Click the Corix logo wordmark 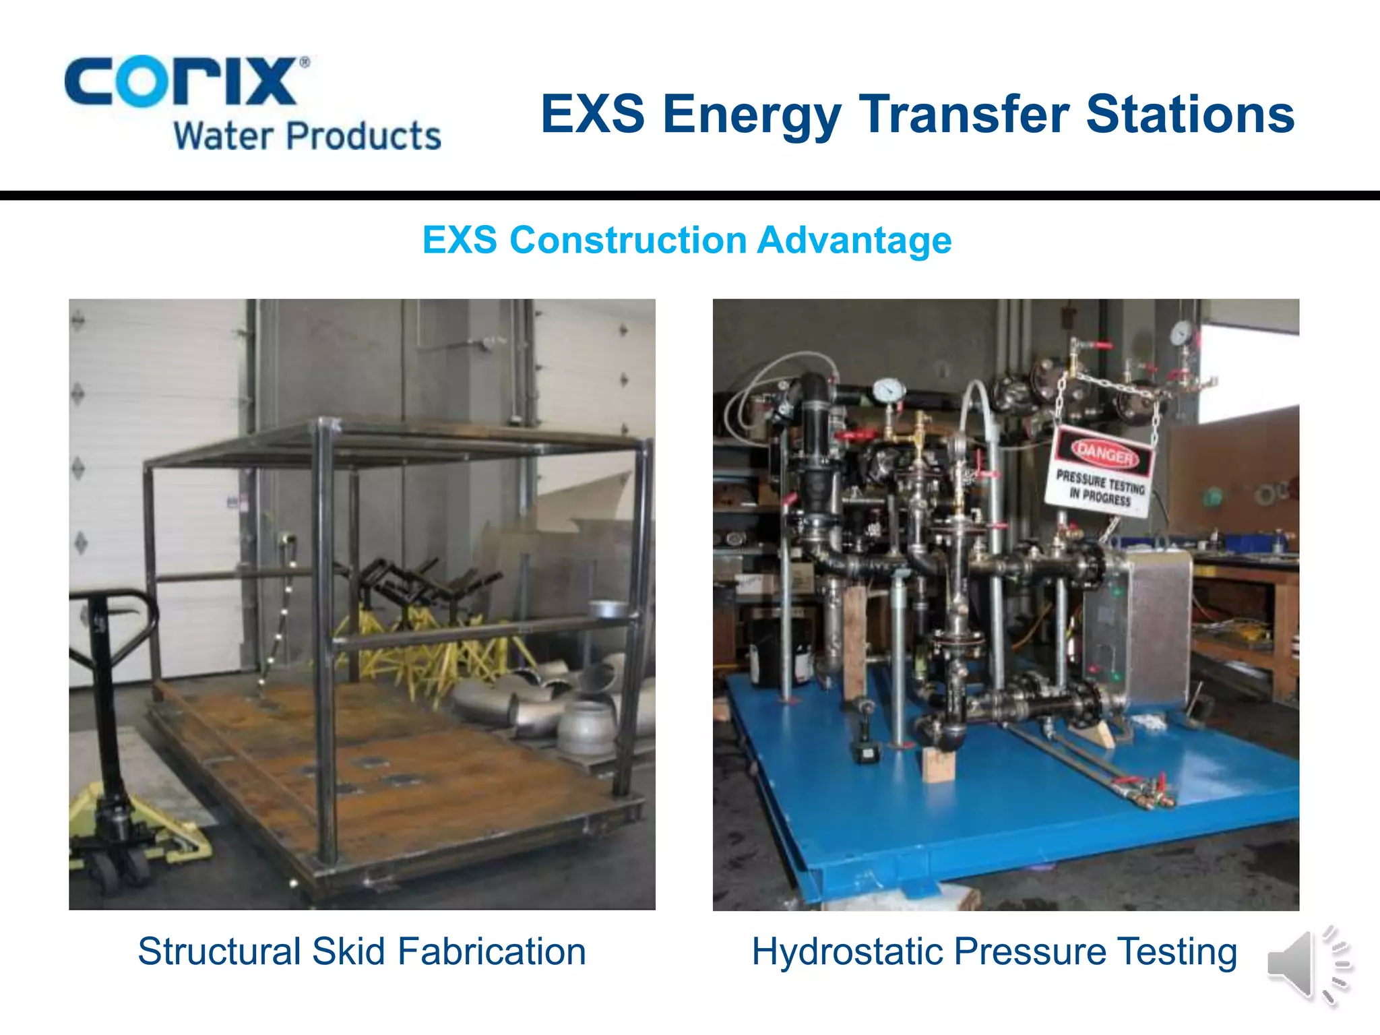[181, 82]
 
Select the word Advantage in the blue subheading [854, 241]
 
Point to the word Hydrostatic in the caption [846, 953]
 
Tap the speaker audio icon [1307, 965]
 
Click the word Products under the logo [363, 136]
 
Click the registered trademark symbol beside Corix [305, 63]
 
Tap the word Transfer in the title [964, 114]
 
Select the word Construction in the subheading [627, 241]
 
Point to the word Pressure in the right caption [1030, 951]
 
